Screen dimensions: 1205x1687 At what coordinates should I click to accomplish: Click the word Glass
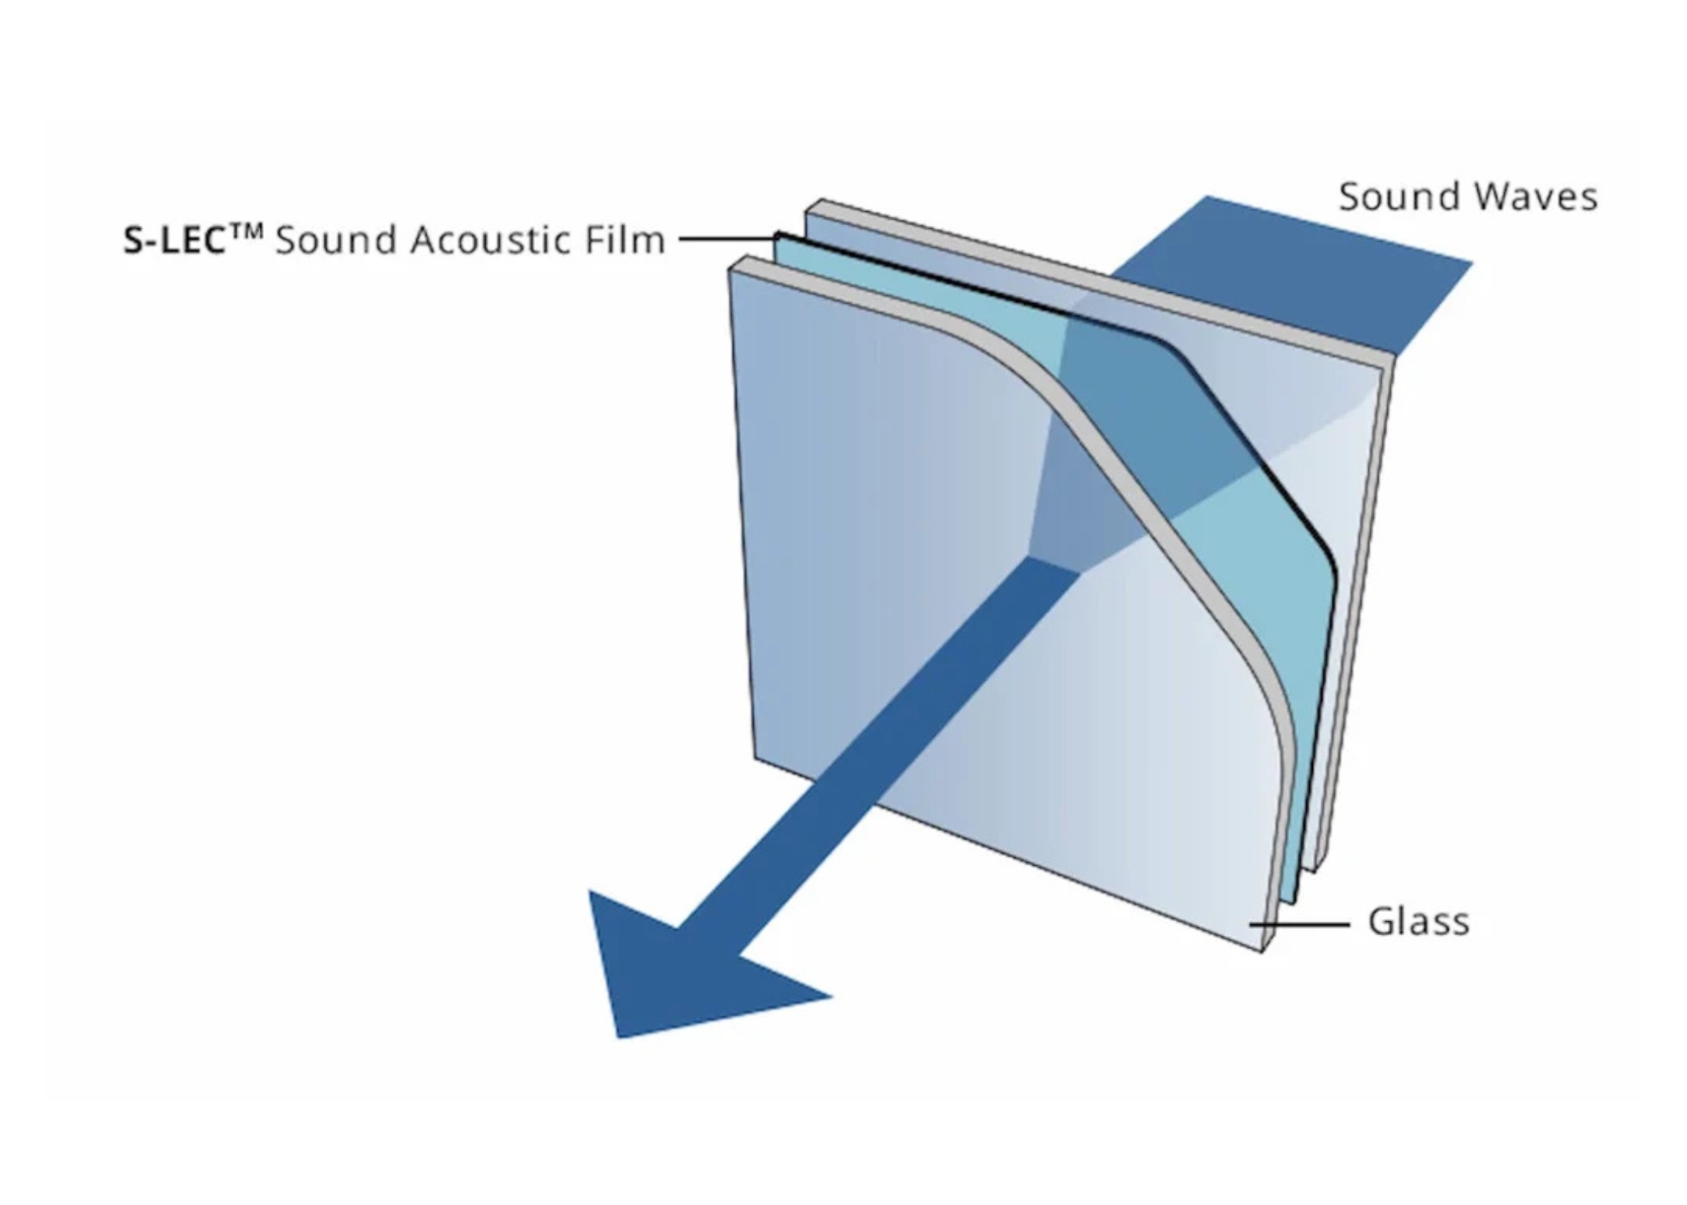tap(1418, 921)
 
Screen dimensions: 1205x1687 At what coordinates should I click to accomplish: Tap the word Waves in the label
tap(1534, 197)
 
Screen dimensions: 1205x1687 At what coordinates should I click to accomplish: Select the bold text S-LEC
tap(173, 241)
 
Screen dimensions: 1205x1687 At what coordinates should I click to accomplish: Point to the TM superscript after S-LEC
tap(245, 231)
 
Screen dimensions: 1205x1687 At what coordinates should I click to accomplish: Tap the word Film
tap(625, 240)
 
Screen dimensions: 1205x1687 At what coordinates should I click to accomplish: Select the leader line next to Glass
tap(1299, 923)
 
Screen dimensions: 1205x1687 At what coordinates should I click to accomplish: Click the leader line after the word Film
tap(725, 239)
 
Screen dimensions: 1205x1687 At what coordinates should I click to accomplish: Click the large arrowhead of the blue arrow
tap(679, 971)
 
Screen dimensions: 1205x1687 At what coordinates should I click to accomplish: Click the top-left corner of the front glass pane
tap(732, 266)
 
